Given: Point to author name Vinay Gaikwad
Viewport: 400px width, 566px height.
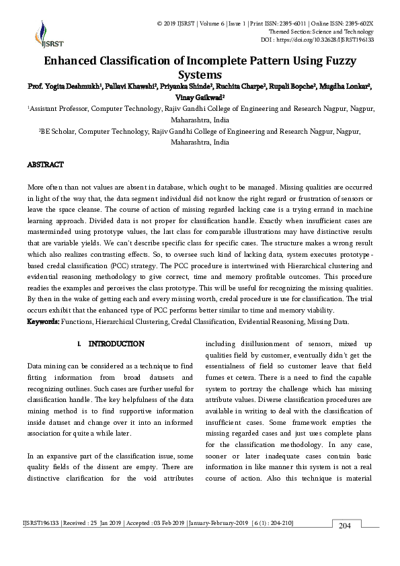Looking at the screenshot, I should coord(200,97).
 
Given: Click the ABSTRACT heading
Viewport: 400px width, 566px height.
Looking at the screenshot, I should coord(45,165).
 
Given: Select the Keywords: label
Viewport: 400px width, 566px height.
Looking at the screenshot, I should coord(43,322).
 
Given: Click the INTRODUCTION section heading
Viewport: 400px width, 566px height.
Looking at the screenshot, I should coord(116,344).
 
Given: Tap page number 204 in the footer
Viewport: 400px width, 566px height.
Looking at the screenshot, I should coord(344,525).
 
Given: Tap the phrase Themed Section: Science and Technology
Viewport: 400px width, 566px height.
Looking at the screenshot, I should coord(321,32).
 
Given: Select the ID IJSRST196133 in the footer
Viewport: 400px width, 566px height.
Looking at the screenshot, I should coord(41,523).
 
